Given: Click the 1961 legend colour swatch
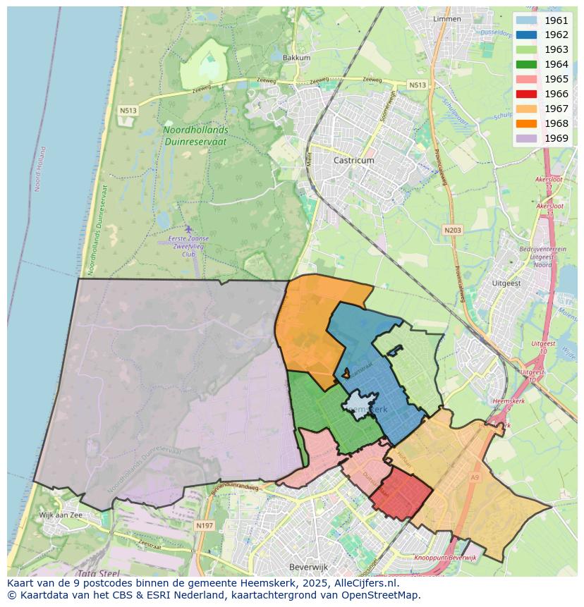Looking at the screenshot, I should click(526, 20).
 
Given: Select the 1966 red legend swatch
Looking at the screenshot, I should click(526, 94).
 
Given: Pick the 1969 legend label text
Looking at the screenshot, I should click(556, 138).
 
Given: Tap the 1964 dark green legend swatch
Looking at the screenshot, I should click(526, 64).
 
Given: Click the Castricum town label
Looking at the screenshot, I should click(354, 161).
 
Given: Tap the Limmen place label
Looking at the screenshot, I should click(447, 19).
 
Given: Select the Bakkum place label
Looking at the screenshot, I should click(296, 58).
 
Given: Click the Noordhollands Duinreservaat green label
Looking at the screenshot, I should click(195, 135).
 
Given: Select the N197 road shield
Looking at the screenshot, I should click(205, 526).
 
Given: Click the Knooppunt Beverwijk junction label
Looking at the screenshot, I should click(446, 558).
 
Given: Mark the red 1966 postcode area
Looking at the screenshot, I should click(399, 497).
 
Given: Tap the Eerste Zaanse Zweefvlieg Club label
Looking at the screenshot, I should click(188, 246).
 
